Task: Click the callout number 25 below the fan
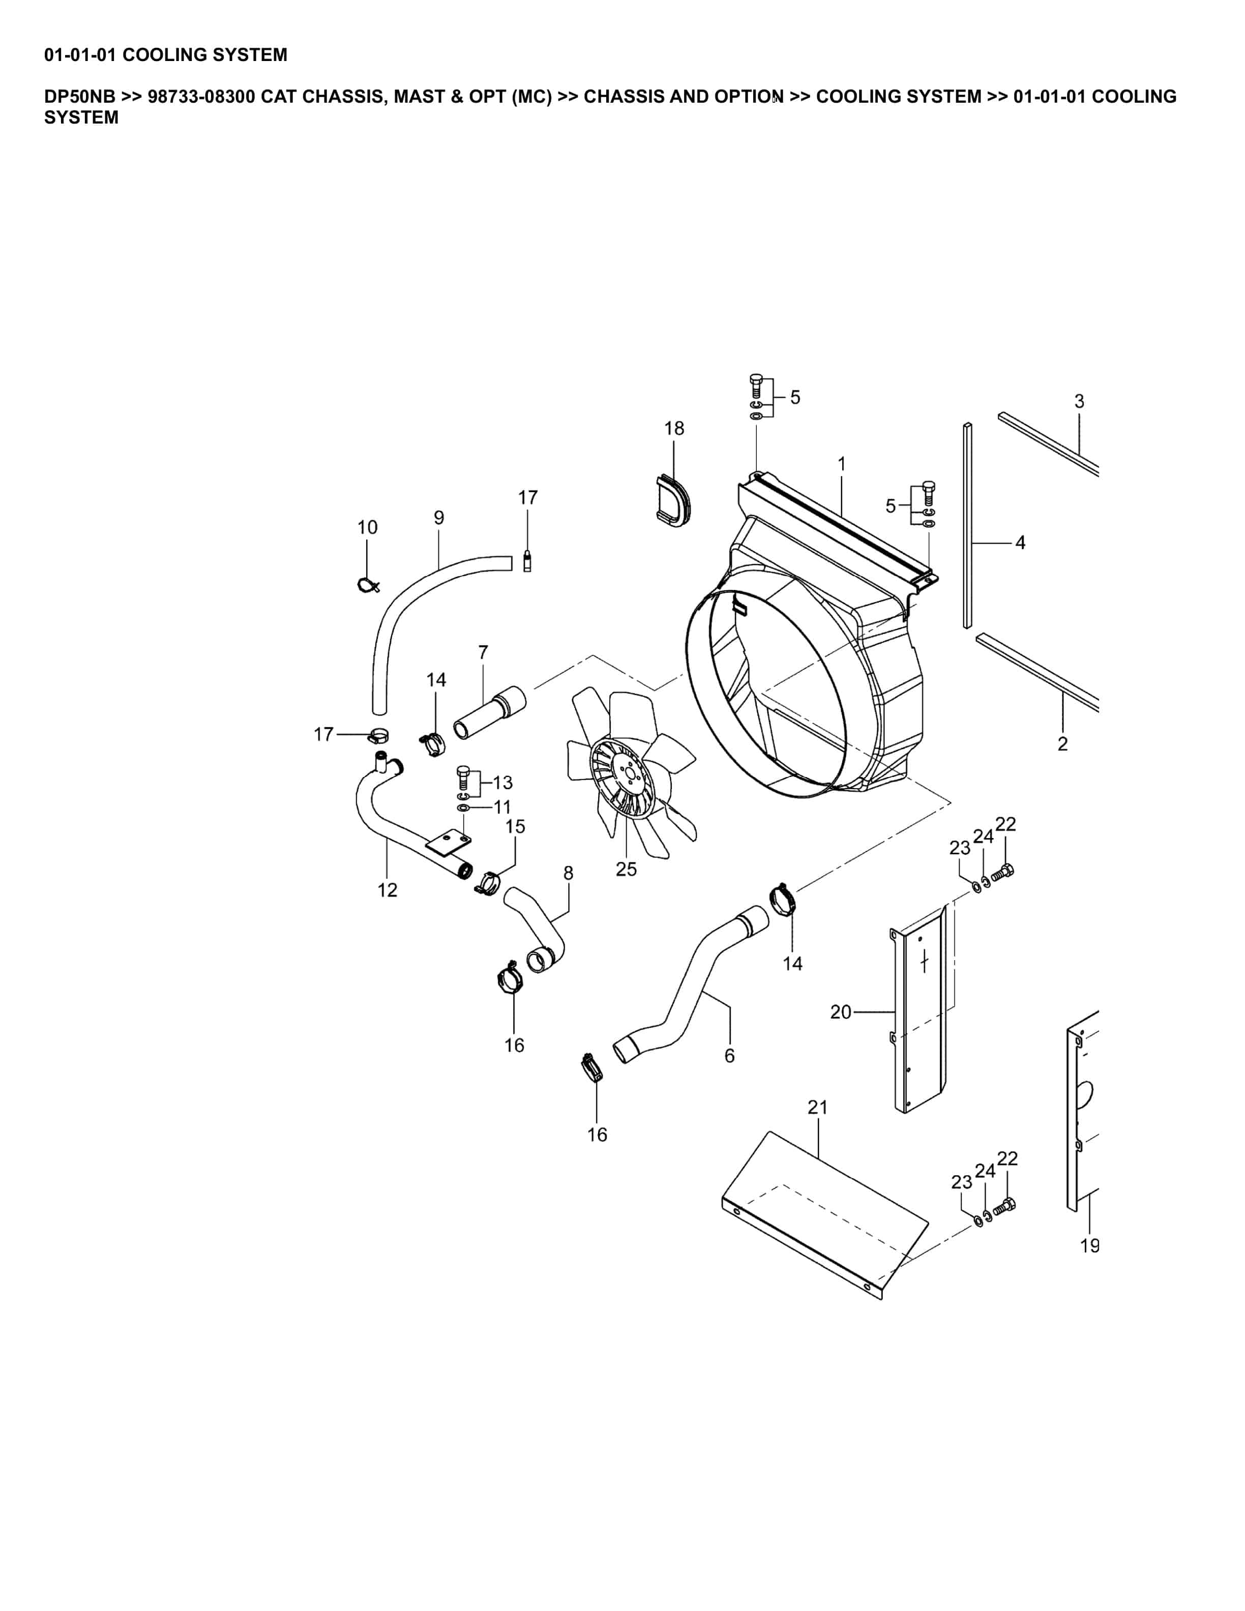(x=626, y=869)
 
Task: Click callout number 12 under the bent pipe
(x=387, y=890)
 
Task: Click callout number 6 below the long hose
(x=729, y=1056)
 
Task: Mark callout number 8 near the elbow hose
(x=568, y=873)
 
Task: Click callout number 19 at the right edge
(x=1089, y=1246)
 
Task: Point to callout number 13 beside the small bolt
(x=502, y=782)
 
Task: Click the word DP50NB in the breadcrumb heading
(x=80, y=97)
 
